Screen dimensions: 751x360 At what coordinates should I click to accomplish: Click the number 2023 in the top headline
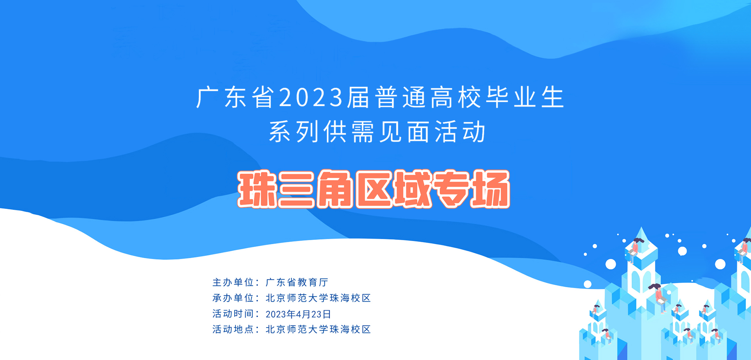pos(311,97)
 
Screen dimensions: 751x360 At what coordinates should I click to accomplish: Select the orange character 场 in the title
pos(490,189)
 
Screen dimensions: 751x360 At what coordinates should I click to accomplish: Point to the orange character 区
pos(374,189)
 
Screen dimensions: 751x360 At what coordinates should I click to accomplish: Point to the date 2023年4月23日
pos(298,314)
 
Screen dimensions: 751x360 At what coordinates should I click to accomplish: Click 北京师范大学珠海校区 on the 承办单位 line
pos(318,298)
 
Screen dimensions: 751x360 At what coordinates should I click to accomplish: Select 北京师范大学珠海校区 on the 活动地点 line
pos(318,329)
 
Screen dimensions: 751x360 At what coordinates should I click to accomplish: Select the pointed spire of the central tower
pos(641,237)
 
